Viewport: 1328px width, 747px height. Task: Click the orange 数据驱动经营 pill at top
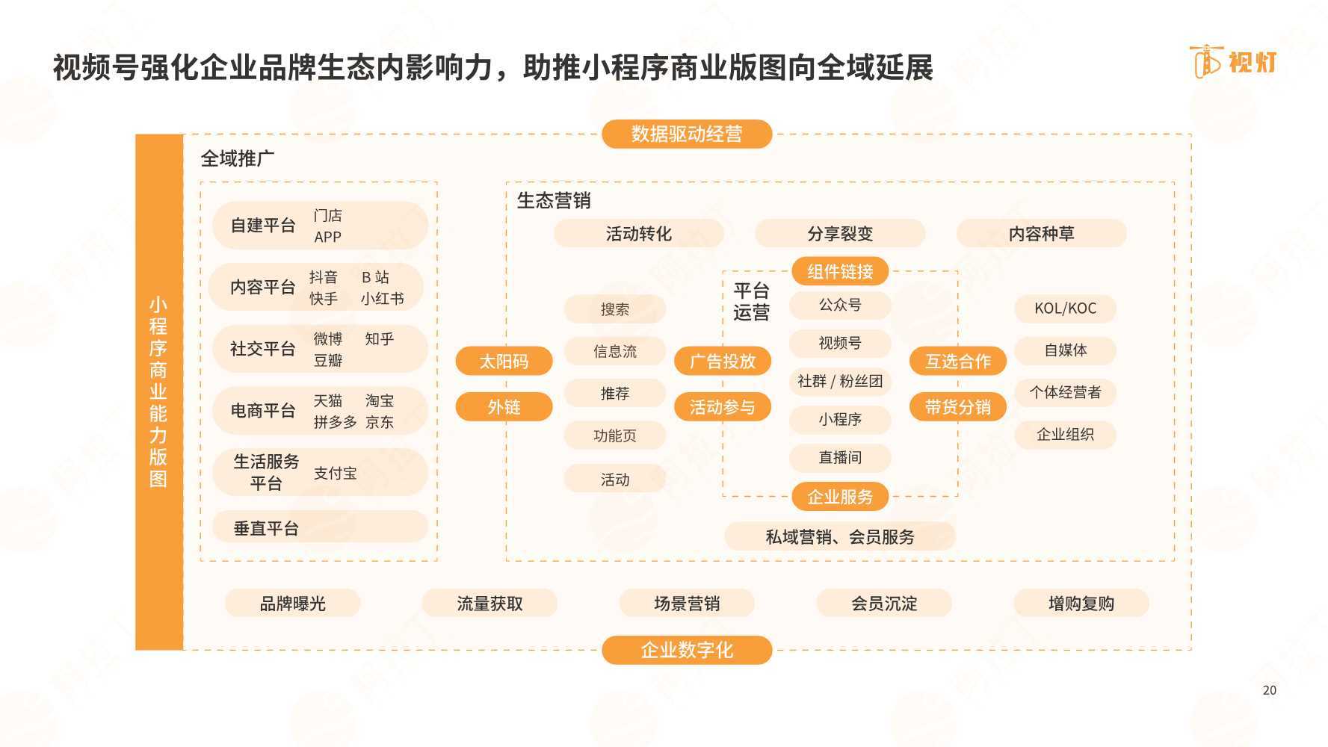(x=686, y=134)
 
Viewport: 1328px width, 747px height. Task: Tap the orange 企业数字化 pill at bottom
(x=686, y=650)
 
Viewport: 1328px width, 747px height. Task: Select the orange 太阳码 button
(x=504, y=362)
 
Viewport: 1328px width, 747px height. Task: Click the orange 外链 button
(x=504, y=407)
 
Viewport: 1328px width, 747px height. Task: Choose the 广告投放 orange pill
(x=722, y=362)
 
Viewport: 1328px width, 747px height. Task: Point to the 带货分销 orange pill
(x=957, y=407)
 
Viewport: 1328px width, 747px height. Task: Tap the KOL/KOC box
(x=1065, y=309)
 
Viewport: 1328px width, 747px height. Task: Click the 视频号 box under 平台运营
(x=840, y=343)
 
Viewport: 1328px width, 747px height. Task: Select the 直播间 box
(x=840, y=457)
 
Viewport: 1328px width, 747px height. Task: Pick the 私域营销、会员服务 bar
(x=840, y=536)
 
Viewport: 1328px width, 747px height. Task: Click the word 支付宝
(x=335, y=473)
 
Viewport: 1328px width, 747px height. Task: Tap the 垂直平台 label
(x=266, y=529)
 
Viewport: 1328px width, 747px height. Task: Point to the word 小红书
(x=382, y=299)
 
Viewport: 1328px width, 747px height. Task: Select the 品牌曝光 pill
(x=292, y=604)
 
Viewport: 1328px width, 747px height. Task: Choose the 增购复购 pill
(x=1081, y=604)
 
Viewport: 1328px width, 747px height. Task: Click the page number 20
(x=1269, y=690)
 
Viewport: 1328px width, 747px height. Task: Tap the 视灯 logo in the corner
(x=1233, y=61)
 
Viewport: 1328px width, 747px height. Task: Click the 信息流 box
(x=614, y=351)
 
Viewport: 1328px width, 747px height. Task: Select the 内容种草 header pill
(x=1041, y=234)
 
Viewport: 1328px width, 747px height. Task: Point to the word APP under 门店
(x=327, y=237)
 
